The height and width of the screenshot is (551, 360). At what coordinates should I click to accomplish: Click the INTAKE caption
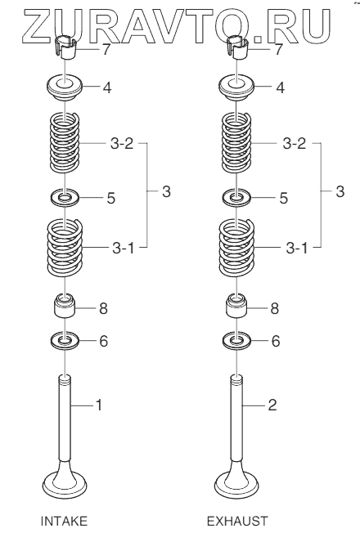64,521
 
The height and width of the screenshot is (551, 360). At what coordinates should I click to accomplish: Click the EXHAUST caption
237,521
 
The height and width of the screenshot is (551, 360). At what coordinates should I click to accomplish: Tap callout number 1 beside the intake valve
99,405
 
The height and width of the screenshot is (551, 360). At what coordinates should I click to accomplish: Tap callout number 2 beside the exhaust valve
272,405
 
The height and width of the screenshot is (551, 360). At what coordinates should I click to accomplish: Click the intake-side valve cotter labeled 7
65,47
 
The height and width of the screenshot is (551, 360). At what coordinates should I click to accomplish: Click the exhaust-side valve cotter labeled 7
237,47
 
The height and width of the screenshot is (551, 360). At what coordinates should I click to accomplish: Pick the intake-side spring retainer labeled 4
65,87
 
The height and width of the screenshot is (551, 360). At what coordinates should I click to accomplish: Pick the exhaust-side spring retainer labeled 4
237,87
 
